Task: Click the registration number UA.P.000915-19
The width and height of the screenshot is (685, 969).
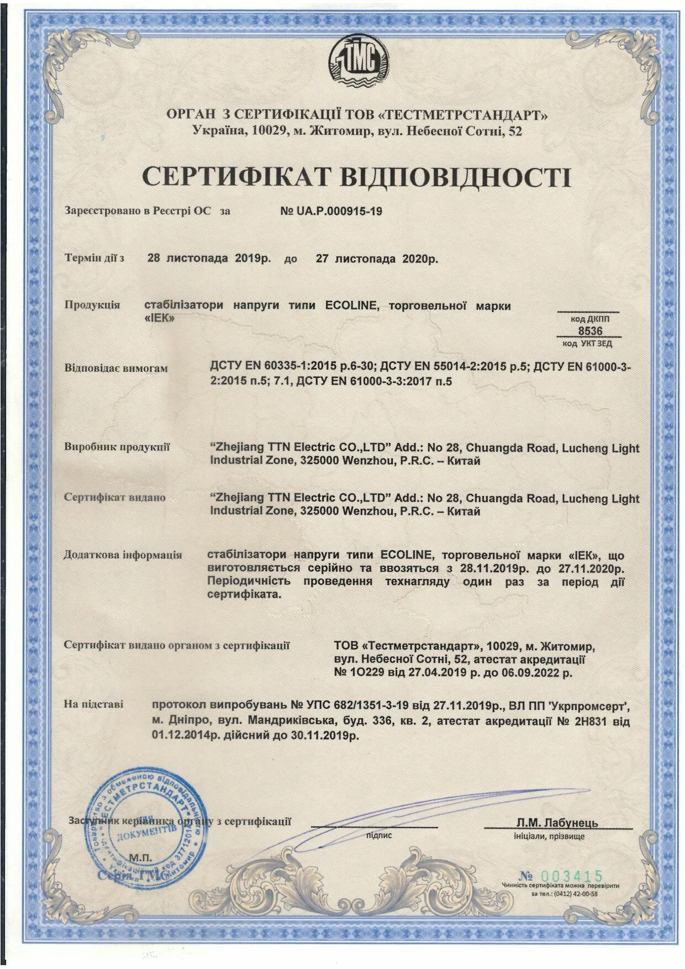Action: (331, 211)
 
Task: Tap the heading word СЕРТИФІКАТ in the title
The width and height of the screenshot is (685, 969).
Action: (236, 177)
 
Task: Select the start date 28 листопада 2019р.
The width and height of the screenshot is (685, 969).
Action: (209, 259)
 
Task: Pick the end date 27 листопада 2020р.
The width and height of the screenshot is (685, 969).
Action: (377, 259)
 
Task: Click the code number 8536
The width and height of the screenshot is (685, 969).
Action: (590, 331)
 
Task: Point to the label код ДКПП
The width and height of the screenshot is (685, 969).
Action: (590, 319)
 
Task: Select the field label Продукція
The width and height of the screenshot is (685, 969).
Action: (92, 305)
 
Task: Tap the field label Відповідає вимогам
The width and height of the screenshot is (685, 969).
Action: (116, 368)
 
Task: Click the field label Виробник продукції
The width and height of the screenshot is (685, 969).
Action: (117, 447)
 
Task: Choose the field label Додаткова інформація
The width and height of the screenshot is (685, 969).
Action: (123, 555)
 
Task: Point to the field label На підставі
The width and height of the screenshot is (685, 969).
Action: (94, 704)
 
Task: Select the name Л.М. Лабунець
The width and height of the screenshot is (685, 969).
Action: (557, 823)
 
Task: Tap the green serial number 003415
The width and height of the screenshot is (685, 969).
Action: (571, 876)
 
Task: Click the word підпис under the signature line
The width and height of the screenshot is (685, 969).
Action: (379, 835)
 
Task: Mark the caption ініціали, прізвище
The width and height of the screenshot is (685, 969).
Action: (549, 836)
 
